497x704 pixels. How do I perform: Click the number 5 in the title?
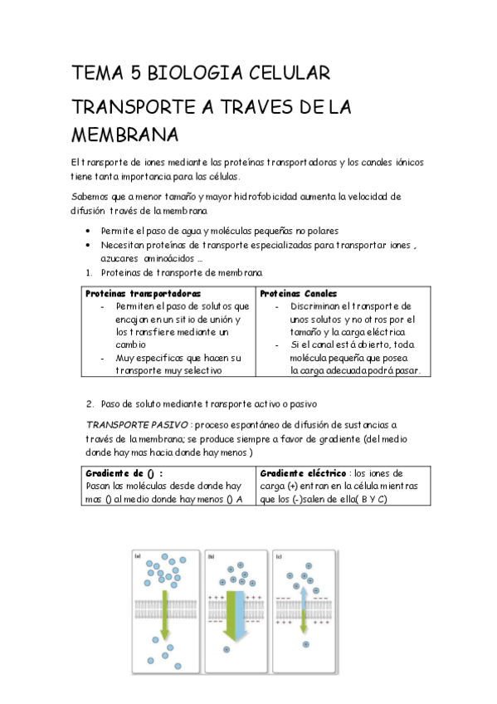134,74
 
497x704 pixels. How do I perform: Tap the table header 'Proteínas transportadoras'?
143,294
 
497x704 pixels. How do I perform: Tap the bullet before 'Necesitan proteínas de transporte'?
89,246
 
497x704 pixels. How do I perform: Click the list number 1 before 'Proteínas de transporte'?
89,272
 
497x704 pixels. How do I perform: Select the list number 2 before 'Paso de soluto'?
90,403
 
